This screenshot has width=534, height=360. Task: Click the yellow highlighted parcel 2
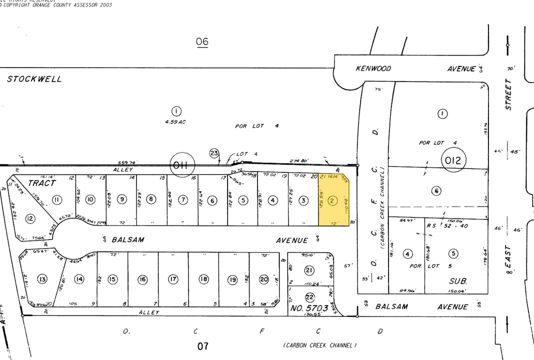(333, 201)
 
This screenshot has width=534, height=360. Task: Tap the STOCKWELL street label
(34, 79)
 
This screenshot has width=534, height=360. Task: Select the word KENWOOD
(373, 68)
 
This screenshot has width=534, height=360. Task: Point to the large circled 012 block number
(453, 160)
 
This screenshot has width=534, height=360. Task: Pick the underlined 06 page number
(202, 41)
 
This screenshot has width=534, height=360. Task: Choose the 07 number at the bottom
(202, 345)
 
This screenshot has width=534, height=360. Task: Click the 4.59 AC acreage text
(175, 122)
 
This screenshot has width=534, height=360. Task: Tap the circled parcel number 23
(214, 153)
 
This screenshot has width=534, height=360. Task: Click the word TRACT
(41, 183)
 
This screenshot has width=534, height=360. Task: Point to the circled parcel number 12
(30, 218)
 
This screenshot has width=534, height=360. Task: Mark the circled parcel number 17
(173, 279)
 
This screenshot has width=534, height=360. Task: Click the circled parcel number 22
(310, 296)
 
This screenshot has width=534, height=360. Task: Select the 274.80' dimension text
(299, 160)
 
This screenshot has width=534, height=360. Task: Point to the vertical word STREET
(508, 94)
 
